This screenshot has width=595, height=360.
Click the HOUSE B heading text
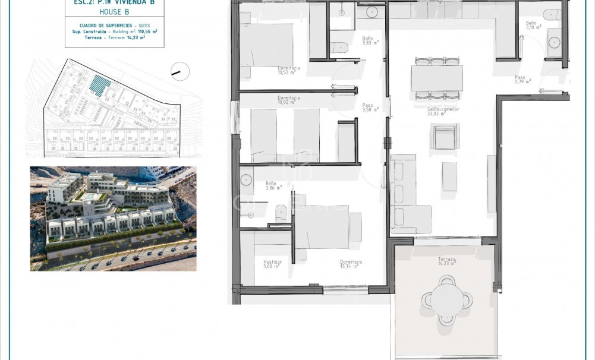(114, 12)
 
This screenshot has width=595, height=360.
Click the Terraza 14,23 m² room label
(446, 261)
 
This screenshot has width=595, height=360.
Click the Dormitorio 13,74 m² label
(351, 264)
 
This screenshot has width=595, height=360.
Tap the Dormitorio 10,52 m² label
(288, 71)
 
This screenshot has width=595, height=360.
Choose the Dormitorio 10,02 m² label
(288, 100)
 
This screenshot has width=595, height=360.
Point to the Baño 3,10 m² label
(533, 25)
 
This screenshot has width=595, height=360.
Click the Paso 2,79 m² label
(522, 80)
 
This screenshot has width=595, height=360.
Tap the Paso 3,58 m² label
(370, 108)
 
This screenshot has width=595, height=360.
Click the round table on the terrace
(447, 299)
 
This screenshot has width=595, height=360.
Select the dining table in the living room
(437, 78)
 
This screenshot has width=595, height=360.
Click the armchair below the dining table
(445, 137)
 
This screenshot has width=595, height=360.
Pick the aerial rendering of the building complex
(113, 219)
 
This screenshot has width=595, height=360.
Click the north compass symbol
(180, 71)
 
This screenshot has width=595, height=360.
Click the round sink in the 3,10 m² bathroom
(554, 42)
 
